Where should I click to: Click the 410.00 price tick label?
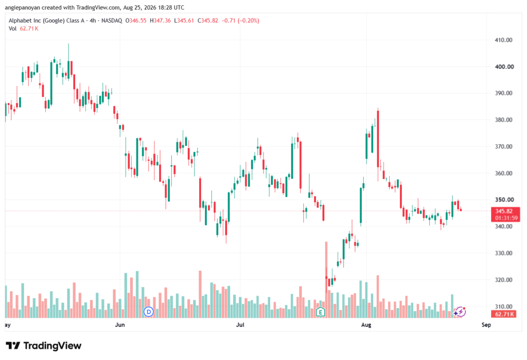503,40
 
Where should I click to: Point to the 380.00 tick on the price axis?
503,120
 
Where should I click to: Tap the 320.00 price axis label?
503,280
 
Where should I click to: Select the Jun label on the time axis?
119,324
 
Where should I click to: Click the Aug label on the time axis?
366,324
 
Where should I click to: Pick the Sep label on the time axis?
486,324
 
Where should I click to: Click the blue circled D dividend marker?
148,312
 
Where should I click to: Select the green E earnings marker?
320,312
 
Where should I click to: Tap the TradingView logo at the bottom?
43,346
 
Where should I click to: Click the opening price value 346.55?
138,21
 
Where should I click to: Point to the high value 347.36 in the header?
162,21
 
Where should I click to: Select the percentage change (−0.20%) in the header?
249,21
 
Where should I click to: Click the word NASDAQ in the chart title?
112,21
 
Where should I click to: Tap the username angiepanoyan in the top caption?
23,7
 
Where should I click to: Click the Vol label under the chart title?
12,29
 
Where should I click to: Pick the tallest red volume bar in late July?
326,280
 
